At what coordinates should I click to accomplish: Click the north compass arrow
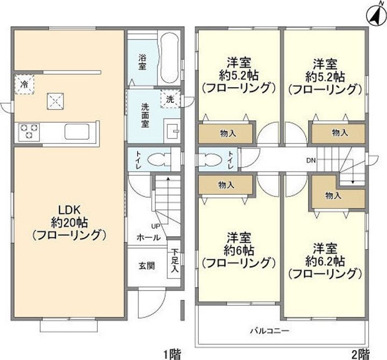[372, 15]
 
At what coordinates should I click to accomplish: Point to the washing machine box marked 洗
[170, 99]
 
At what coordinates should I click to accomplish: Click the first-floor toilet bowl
[157, 160]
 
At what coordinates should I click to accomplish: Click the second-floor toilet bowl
[211, 160]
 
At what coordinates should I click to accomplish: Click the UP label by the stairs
[155, 227]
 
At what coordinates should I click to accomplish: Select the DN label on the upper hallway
[311, 160]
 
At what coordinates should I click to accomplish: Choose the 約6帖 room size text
[239, 250]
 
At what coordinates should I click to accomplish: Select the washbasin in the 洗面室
[172, 131]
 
